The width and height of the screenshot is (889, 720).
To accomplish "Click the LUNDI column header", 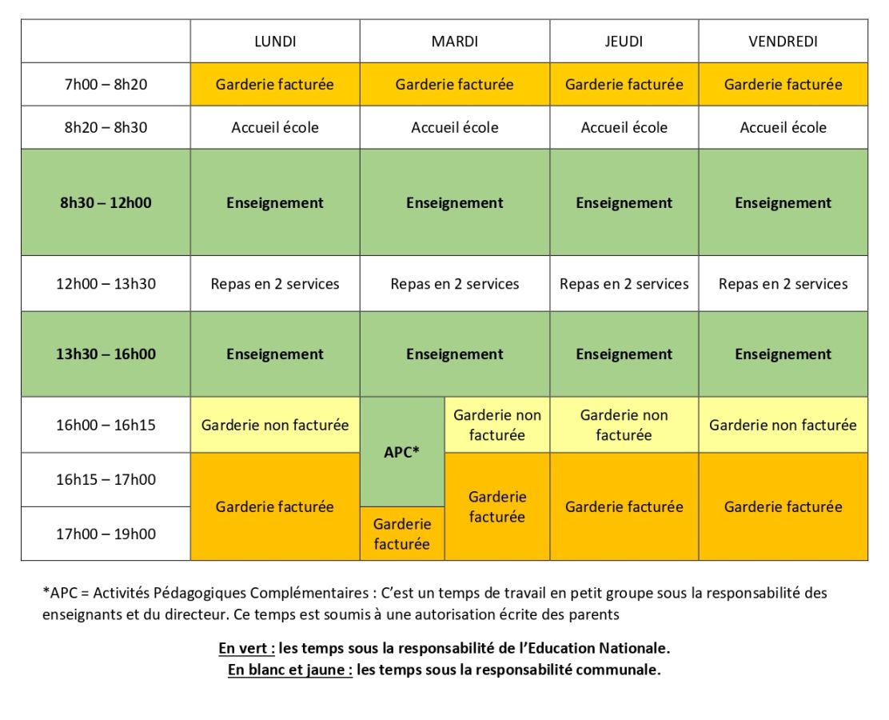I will click(275, 42).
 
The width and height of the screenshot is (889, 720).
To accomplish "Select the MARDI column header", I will click(454, 42).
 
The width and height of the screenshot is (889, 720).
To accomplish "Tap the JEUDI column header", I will click(624, 42).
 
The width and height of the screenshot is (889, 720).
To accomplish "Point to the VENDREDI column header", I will click(783, 42).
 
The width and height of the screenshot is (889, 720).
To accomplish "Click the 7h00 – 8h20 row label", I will click(106, 84).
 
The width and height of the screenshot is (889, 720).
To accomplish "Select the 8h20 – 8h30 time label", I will click(106, 127).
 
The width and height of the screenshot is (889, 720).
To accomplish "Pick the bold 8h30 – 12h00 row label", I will click(106, 202).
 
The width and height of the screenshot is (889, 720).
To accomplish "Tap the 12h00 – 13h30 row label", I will click(106, 284).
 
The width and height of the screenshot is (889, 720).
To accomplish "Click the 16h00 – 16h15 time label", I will click(106, 425).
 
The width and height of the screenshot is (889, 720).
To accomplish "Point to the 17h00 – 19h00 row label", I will click(106, 534).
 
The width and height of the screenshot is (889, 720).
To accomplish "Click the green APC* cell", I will click(401, 452).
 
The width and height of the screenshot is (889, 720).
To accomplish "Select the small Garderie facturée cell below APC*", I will click(401, 534).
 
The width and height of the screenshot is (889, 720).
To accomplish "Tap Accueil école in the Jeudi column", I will click(624, 127).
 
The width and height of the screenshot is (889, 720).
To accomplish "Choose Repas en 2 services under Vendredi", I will click(783, 284).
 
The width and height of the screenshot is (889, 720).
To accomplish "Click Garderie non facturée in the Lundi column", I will click(275, 425).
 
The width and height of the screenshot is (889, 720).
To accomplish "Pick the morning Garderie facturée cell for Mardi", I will click(454, 84).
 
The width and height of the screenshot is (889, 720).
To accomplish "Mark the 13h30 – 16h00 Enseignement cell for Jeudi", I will click(624, 354).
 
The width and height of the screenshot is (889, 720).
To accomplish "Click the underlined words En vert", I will click(246, 647).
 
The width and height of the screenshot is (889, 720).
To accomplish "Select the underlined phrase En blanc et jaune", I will click(290, 670).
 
